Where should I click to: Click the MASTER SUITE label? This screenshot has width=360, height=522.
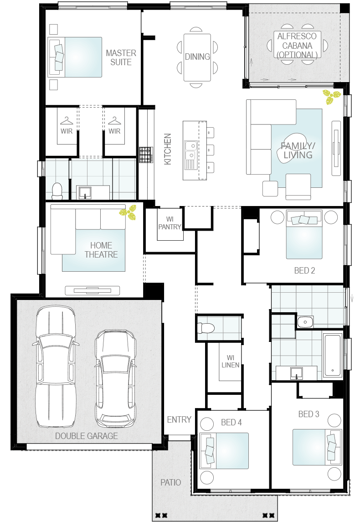(x=121, y=57)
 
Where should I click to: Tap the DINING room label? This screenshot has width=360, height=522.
(x=197, y=57)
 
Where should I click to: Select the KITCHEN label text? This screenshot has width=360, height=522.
(x=168, y=149)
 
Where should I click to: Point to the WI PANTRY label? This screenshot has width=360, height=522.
(x=170, y=223)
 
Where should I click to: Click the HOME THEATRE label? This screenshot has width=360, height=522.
(x=101, y=250)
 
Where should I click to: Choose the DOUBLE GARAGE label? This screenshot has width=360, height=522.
(x=87, y=436)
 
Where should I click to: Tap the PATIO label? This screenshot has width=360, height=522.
(x=171, y=482)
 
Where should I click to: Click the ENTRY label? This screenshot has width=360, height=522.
(x=179, y=419)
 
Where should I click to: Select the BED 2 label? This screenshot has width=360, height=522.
(x=304, y=270)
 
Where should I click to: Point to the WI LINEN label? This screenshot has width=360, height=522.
(x=230, y=362)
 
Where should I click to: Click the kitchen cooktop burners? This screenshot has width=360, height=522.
(x=145, y=155)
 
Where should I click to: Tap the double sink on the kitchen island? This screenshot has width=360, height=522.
(x=190, y=150)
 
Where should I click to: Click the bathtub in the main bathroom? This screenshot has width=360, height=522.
(x=333, y=355)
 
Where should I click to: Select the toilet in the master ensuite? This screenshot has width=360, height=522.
(x=57, y=191)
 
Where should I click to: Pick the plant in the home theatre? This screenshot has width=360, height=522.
(x=128, y=212)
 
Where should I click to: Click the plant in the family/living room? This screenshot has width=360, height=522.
(x=331, y=97)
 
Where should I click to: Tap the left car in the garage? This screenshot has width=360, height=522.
(x=55, y=367)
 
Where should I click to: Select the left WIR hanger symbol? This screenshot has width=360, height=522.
(x=67, y=120)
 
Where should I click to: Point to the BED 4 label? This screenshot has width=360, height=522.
(x=231, y=422)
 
